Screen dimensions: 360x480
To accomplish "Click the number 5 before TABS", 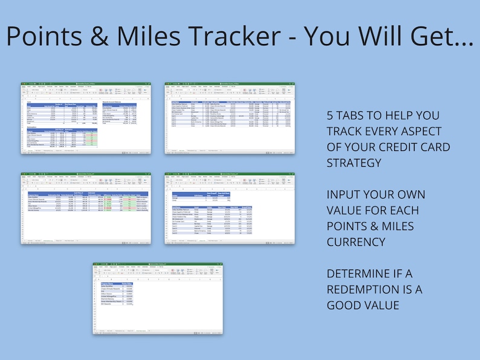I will click(x=331, y=115).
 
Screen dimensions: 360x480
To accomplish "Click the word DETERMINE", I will click(x=363, y=274).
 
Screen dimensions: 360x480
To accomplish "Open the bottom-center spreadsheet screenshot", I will click(x=157, y=298).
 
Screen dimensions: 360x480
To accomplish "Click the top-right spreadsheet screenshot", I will click(x=230, y=118).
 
